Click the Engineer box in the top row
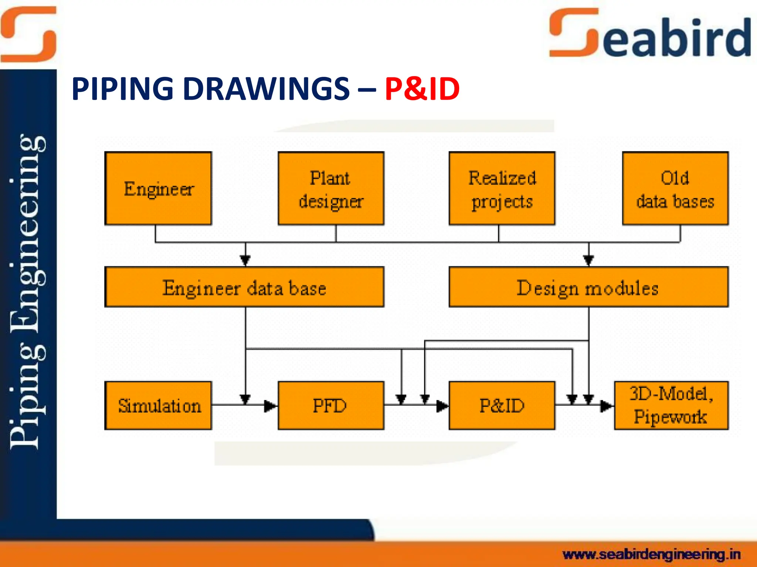click(x=158, y=188)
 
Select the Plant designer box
click(x=331, y=188)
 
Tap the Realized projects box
click(x=502, y=188)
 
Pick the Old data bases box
click(x=675, y=188)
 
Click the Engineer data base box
click(x=244, y=287)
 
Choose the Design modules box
click(x=588, y=287)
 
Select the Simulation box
click(x=158, y=405)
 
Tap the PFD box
click(x=331, y=405)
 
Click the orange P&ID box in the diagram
click(x=502, y=405)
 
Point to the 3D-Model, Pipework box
click(x=671, y=405)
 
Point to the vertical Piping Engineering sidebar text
click(x=28, y=292)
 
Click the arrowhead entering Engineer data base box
click(x=245, y=260)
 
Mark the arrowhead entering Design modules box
click(x=588, y=260)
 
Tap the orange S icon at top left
click(x=28, y=34)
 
